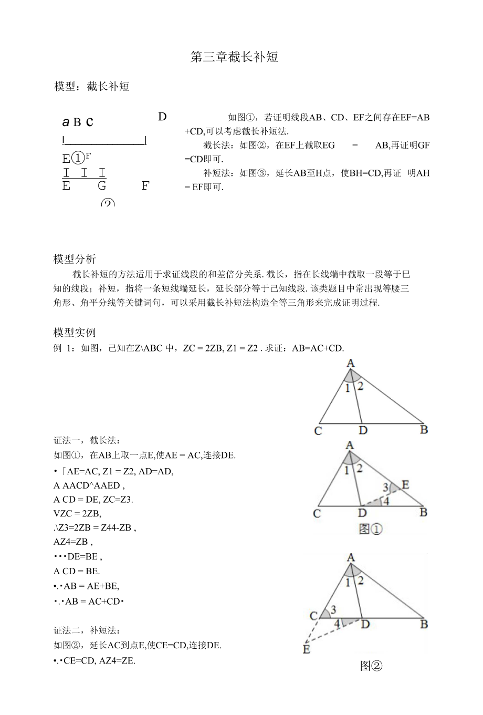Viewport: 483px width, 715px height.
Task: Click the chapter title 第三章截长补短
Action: [x=234, y=57]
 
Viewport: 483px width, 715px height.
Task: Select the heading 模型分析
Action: [x=75, y=259]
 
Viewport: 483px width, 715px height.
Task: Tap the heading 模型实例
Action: [x=75, y=333]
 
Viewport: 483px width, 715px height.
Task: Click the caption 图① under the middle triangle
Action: [x=370, y=529]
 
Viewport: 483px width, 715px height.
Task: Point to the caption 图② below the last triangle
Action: [x=371, y=666]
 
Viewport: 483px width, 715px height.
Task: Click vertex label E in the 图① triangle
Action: [x=405, y=484]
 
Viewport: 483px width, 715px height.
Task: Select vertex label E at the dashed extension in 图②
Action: [x=306, y=650]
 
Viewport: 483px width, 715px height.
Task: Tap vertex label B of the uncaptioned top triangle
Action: [x=424, y=430]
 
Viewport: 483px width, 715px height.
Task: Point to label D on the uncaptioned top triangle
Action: [x=363, y=431]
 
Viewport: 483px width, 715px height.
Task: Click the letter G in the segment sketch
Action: [x=102, y=186]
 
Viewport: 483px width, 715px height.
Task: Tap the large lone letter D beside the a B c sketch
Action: [x=162, y=117]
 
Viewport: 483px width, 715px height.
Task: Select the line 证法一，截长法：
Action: [x=87, y=440]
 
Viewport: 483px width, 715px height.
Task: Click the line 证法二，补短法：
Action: [x=87, y=630]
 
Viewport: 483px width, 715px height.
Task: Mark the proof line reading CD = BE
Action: [x=77, y=571]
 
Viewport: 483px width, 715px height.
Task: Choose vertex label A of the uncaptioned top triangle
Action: [x=350, y=363]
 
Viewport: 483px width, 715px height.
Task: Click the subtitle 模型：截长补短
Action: [x=92, y=87]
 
